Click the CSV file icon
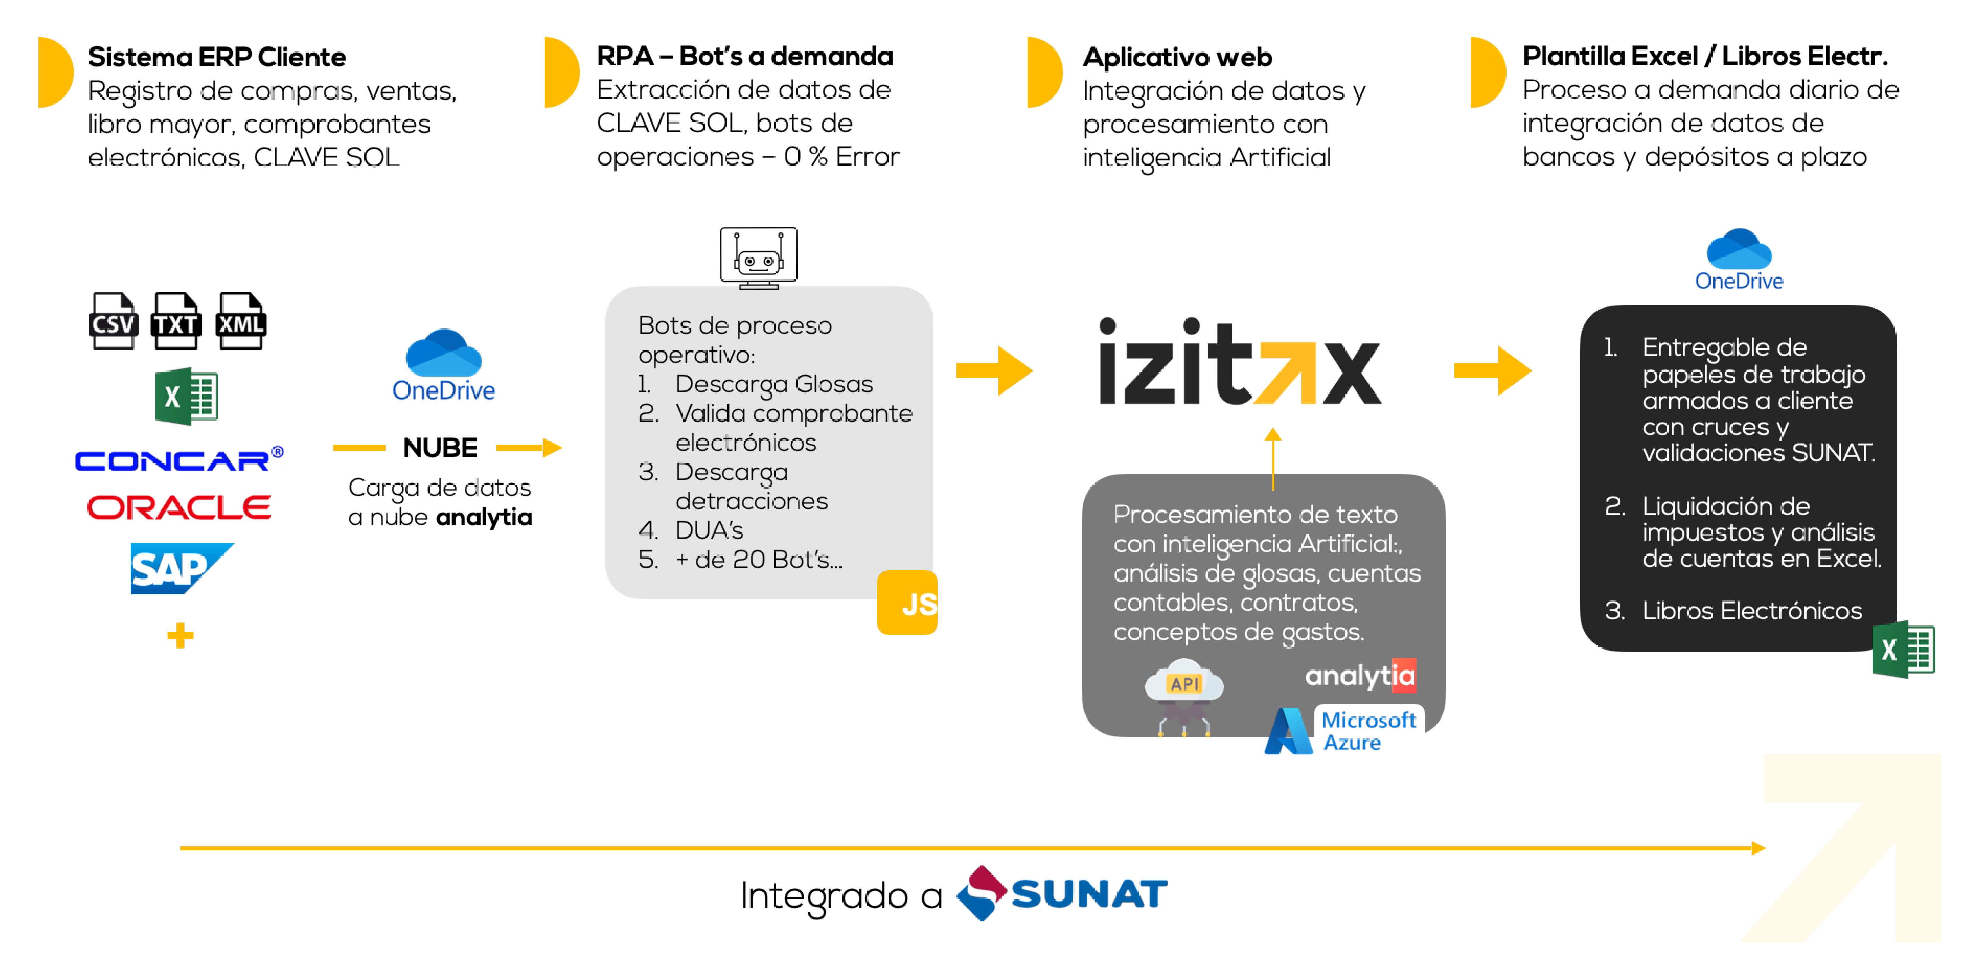click(114, 321)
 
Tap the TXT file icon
click(176, 321)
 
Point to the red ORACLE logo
click(179, 507)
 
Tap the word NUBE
click(440, 448)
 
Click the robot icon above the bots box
click(759, 257)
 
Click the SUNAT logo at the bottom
click(1062, 893)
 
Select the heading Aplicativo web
click(1177, 57)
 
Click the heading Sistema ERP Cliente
click(217, 57)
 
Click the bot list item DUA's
click(709, 530)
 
